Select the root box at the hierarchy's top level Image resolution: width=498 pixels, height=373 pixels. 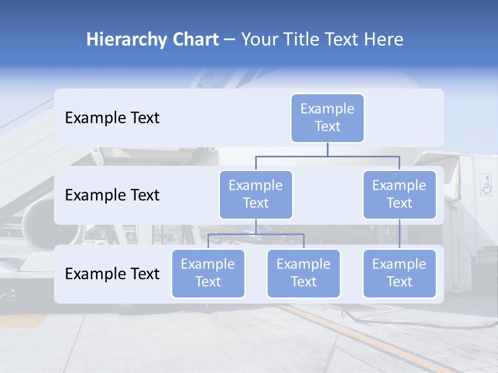327,118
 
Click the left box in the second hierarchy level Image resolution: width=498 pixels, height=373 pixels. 256,195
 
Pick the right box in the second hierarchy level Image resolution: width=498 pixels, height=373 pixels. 399,195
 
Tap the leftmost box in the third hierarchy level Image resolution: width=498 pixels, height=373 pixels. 208,274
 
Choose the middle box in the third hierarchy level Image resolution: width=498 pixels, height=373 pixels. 303,274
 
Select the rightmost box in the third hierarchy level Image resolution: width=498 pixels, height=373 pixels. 399,274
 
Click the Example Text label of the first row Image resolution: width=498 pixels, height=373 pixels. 112,118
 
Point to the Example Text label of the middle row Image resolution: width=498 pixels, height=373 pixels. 112,195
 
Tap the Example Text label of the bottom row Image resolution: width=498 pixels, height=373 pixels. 112,274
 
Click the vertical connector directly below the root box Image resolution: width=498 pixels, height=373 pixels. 327,149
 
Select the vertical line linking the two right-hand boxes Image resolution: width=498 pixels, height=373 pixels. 399,234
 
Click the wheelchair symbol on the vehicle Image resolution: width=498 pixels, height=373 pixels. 486,184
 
